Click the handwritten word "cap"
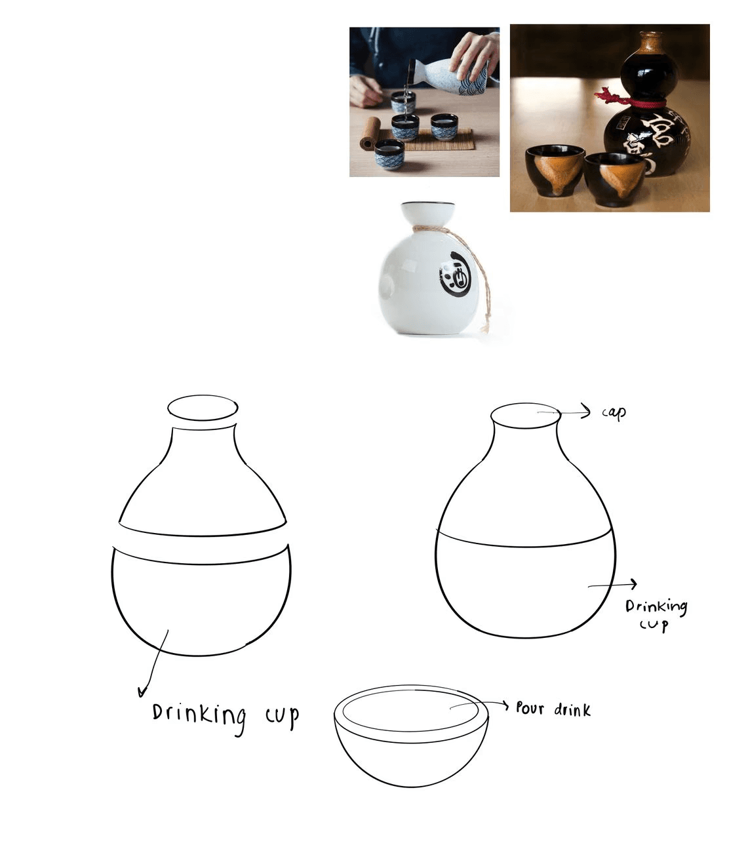tap(614, 413)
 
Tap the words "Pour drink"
tap(553, 709)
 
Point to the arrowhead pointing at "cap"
tap(587, 412)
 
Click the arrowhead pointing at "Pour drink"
tap(505, 705)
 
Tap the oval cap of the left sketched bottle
tap(203, 408)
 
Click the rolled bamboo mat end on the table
tap(369, 132)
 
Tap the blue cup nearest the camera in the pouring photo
tap(389, 155)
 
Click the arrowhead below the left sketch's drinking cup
tap(142, 692)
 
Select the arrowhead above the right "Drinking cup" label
tap(633, 584)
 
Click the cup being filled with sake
tap(403, 102)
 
